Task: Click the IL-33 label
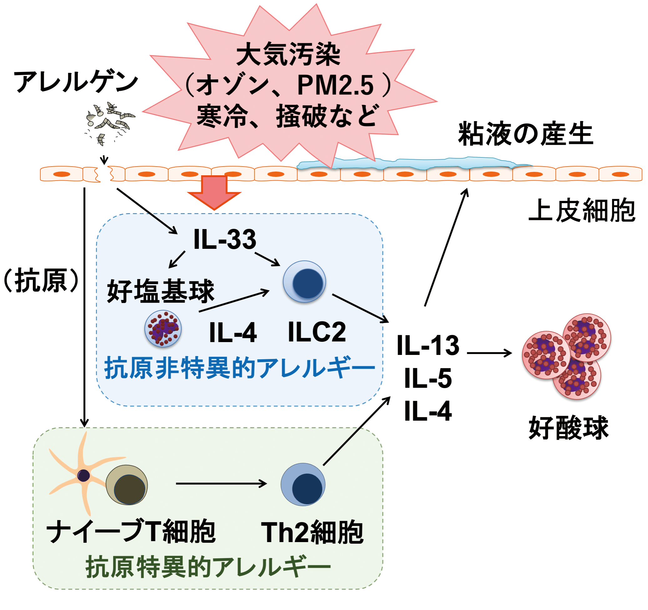225,239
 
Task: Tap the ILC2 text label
316,332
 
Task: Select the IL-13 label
428,346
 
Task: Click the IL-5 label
428,378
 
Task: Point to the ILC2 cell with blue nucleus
304,281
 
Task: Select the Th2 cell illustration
303,484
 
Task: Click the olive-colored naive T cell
127,485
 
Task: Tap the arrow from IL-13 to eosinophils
489,353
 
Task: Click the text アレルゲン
76,82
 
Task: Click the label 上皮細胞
582,211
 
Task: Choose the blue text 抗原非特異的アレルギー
240,368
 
